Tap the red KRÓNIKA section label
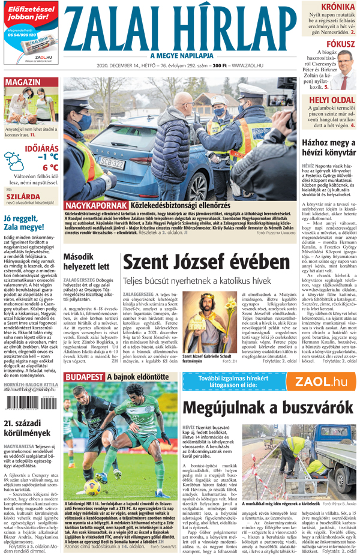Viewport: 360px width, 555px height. [337, 7]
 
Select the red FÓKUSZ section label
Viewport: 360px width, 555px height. [339, 44]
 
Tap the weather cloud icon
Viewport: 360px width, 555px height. [13, 161]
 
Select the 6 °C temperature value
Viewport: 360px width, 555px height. [50, 167]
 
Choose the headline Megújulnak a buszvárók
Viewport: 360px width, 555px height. [267, 407]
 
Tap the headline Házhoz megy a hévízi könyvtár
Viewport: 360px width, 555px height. [327, 148]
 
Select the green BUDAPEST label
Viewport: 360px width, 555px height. [84, 377]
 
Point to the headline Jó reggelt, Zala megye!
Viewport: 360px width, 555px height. [28, 223]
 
